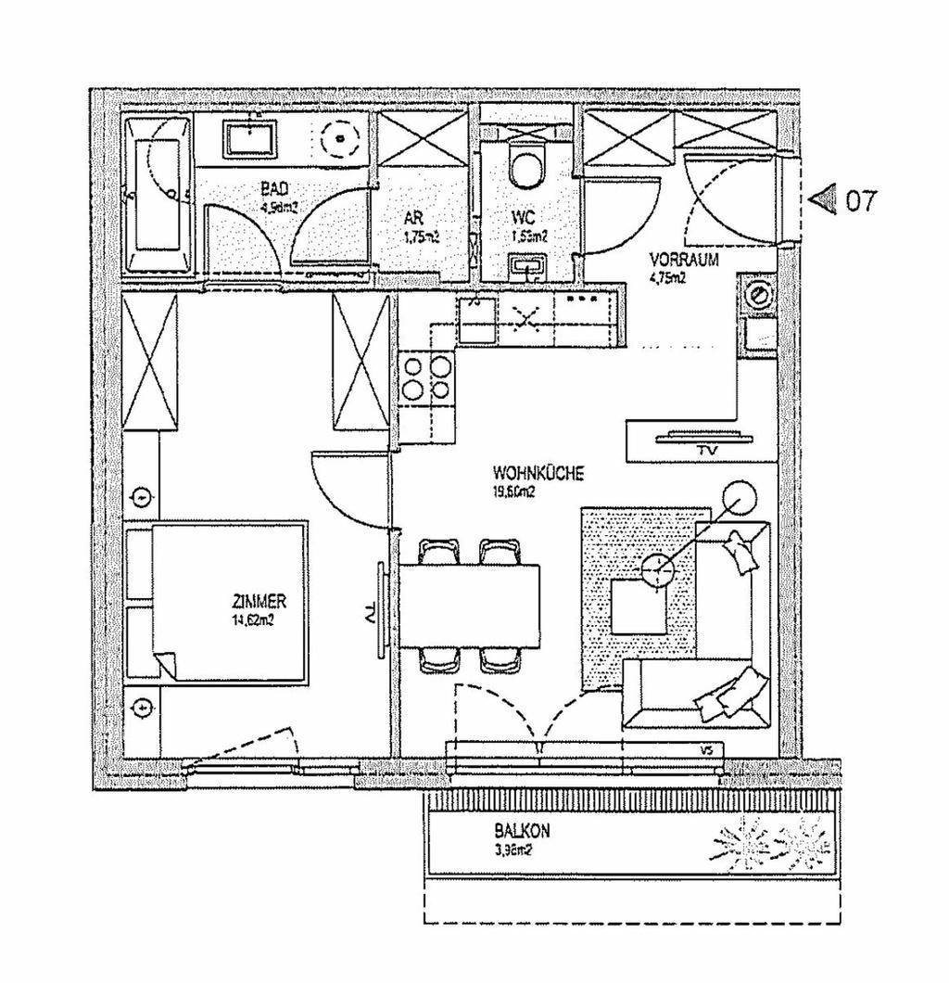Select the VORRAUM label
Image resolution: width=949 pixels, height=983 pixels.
click(x=684, y=261)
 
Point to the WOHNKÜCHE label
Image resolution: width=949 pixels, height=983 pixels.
click(x=538, y=473)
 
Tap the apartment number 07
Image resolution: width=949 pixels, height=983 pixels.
click(x=859, y=202)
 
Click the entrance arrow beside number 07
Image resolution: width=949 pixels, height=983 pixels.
click(x=824, y=199)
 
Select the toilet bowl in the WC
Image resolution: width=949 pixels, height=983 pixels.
click(x=526, y=167)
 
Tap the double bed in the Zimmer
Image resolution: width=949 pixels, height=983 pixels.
click(x=228, y=603)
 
